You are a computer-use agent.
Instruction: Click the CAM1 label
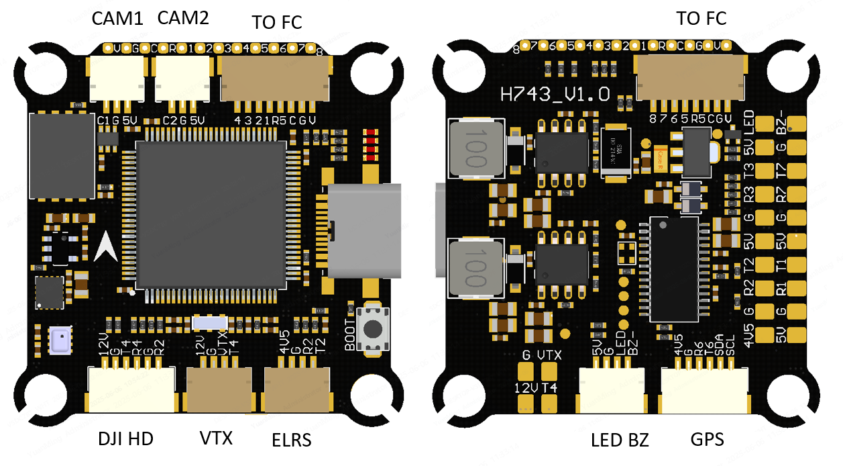point(117,19)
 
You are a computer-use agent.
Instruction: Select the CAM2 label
point(183,18)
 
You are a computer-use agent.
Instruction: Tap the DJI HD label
point(125,439)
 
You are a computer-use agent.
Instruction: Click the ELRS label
point(292,440)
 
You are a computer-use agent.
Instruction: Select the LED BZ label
point(620,440)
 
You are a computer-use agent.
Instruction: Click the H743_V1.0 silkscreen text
point(555,94)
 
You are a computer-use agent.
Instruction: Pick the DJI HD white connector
point(131,389)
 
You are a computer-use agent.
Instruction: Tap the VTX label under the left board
point(216,438)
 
